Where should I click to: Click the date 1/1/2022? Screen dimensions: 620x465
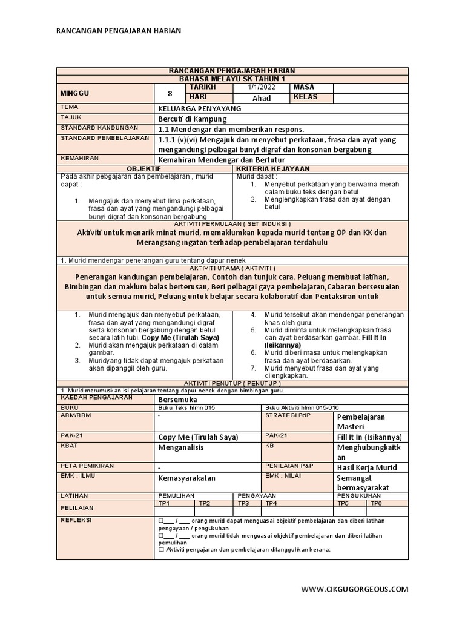261,88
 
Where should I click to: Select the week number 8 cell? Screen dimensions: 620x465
170,93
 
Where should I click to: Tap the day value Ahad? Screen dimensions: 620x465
261,98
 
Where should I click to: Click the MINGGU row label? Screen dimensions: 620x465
75,93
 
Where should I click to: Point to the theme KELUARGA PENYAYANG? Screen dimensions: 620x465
190,108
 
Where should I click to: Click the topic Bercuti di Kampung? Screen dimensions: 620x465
188,119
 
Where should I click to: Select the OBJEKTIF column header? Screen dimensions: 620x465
143,168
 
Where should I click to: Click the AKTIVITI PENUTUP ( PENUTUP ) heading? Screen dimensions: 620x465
232,383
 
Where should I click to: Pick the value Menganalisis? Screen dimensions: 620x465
181,448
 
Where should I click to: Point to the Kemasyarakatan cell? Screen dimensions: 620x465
186,478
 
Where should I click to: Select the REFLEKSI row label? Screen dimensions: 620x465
75,519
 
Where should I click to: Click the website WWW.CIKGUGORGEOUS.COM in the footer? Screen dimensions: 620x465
354,589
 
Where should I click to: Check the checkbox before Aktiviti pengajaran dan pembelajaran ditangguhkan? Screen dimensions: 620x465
160,549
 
